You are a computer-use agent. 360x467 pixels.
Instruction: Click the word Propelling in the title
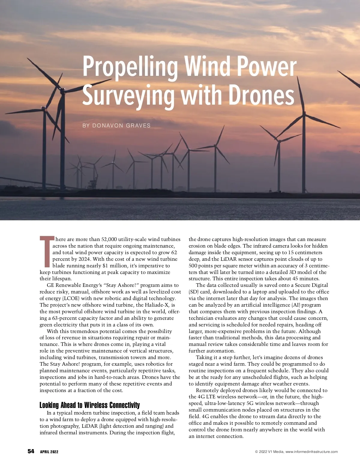tap(130, 67)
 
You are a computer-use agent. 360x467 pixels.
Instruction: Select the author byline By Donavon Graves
tap(116, 126)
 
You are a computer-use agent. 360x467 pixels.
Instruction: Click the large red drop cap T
tap(46, 251)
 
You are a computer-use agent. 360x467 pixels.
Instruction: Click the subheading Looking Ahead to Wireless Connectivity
tap(89, 405)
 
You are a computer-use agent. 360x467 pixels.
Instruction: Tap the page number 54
tap(31, 451)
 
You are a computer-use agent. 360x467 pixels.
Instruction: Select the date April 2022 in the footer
tap(49, 452)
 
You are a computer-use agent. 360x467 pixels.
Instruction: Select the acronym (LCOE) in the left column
tap(71, 298)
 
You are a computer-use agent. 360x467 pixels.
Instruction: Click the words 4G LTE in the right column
tap(207, 397)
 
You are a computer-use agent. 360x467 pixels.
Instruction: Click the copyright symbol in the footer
tap(256, 452)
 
